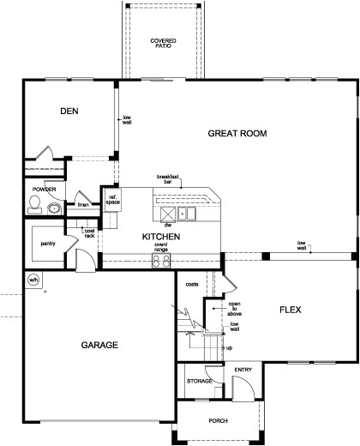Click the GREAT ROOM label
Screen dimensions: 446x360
[237, 133]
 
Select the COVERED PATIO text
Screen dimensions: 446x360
[163, 43]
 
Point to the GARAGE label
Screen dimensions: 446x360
[99, 345]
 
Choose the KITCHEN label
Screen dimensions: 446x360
[160, 236]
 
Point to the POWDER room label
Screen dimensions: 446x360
[44, 188]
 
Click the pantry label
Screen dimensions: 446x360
[48, 244]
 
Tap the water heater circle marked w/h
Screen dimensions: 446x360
[34, 279]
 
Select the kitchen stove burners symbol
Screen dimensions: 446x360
[160, 262]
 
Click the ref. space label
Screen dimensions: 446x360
[112, 200]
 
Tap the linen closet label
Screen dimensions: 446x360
[83, 204]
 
